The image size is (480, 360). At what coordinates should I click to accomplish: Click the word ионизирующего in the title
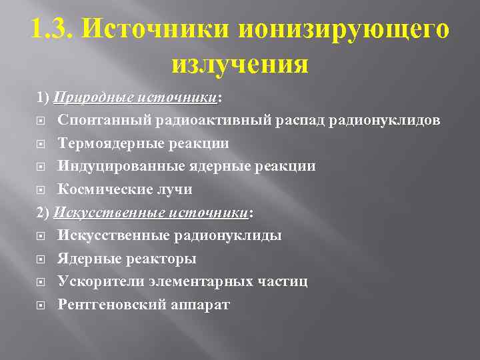343,30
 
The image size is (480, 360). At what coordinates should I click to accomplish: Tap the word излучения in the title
240,65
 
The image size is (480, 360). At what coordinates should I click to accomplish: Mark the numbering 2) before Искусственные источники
43,213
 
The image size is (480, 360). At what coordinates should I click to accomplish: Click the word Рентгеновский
111,305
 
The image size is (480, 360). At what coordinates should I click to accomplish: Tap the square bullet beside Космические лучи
41,190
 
